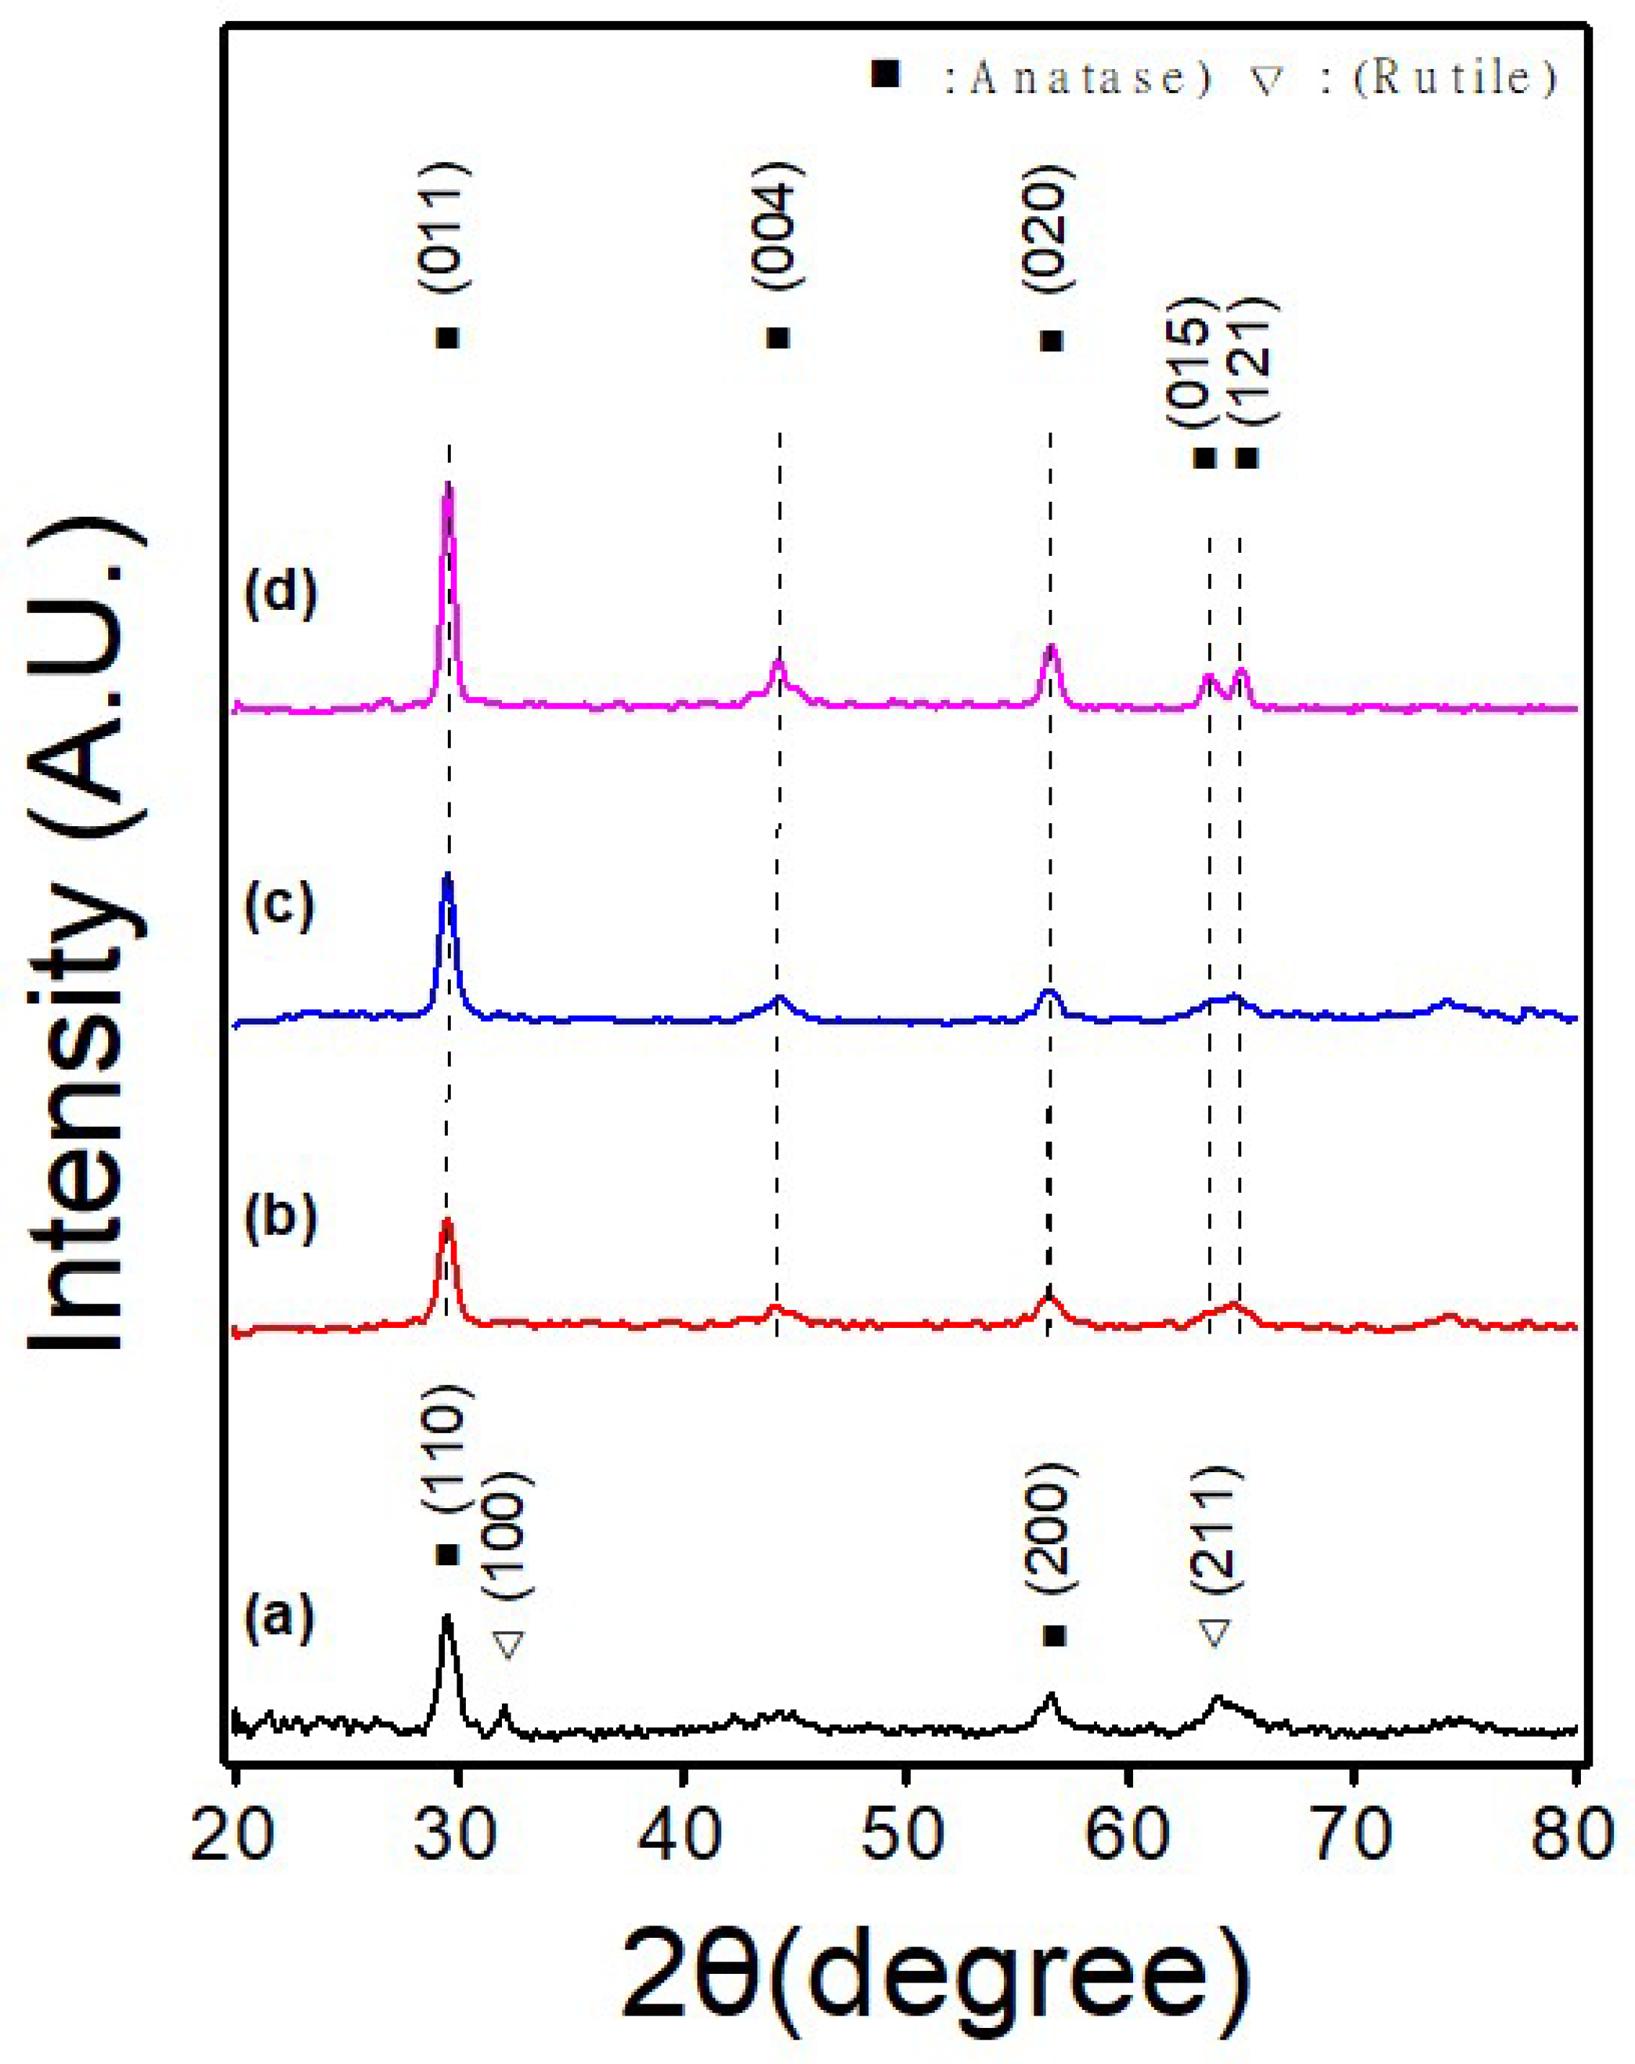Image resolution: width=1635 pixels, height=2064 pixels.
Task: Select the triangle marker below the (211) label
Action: pyautogui.click(x=1214, y=1632)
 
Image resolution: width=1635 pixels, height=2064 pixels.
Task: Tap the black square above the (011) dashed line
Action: pyautogui.click(x=447, y=339)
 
